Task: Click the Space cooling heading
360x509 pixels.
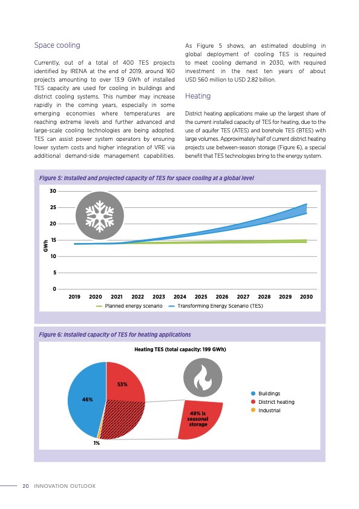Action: click(x=57, y=45)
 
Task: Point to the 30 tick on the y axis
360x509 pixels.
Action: click(x=52, y=192)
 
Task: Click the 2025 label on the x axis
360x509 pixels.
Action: click(x=201, y=297)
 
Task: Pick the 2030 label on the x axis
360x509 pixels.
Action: click(x=306, y=297)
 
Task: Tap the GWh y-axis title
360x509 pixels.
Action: click(x=45, y=246)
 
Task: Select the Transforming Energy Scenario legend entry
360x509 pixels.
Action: click(x=220, y=306)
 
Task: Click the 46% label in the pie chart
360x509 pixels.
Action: click(x=87, y=400)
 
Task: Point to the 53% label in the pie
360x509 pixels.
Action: click(x=123, y=384)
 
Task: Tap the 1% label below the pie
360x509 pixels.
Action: click(x=96, y=443)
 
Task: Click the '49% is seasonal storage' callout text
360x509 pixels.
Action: click(x=198, y=418)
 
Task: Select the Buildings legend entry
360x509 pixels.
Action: click(x=269, y=393)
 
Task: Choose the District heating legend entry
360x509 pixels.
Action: click(x=276, y=402)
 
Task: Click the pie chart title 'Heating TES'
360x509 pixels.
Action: click(x=180, y=349)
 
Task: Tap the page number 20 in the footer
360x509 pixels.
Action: click(x=25, y=486)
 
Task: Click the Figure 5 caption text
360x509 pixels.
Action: click(x=146, y=178)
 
